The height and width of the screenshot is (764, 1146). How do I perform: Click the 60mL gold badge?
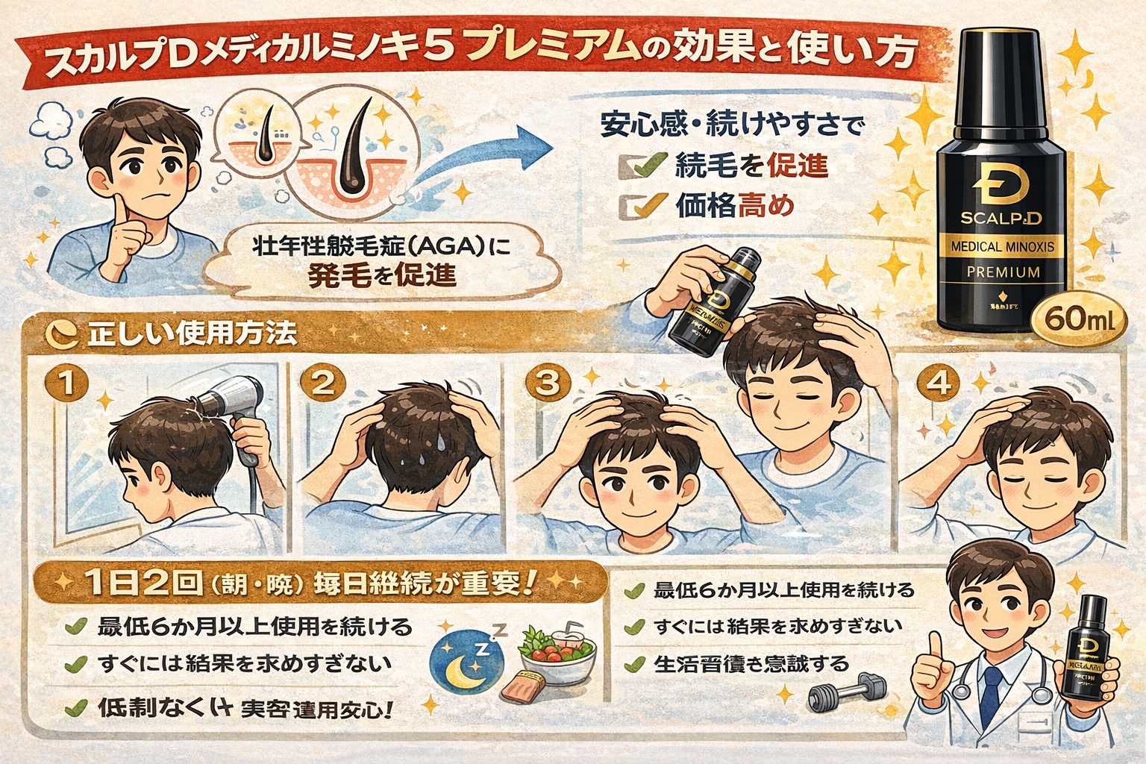1080,321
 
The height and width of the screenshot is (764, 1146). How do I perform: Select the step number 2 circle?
322,384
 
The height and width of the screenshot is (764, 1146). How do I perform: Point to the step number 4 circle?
938,384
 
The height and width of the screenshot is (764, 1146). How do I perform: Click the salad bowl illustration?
556,649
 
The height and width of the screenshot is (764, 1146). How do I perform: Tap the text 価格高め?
735,205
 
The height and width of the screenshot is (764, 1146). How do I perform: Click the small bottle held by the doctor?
1086,657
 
